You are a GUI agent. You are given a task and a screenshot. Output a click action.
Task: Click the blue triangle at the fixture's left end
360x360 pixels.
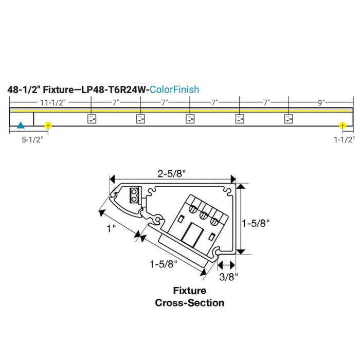(x=21, y=125)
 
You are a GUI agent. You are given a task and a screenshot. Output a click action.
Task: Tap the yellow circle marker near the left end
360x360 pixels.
(x=48, y=125)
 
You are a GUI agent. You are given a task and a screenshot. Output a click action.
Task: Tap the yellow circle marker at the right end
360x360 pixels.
(x=343, y=125)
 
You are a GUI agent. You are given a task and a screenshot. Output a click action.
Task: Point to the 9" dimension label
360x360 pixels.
(x=321, y=102)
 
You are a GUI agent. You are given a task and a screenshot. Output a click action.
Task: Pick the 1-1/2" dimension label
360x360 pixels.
(x=344, y=139)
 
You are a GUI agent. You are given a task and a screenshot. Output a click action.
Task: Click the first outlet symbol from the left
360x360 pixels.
(x=91, y=119)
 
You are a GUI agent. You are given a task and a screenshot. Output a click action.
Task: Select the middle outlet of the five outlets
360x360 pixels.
(x=190, y=119)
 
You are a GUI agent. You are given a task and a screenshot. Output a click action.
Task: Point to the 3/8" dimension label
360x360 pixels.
(x=228, y=277)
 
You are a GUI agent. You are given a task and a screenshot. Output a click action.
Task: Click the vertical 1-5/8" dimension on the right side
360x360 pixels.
(x=256, y=223)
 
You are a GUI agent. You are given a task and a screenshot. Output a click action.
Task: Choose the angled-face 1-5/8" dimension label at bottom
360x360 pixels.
(x=164, y=264)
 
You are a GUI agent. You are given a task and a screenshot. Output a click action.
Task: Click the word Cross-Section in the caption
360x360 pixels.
(x=190, y=302)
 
